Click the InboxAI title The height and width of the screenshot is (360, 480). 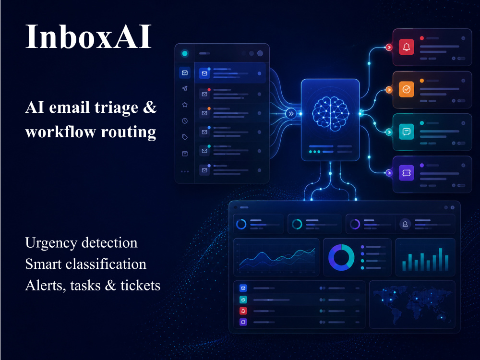click(88, 36)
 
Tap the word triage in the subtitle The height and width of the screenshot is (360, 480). click(116, 108)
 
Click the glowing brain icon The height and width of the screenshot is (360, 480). click(330, 113)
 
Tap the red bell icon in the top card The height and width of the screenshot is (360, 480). click(406, 47)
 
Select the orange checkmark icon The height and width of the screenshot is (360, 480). click(406, 89)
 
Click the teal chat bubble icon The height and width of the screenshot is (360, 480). click(406, 132)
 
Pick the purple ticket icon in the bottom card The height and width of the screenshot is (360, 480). click(406, 173)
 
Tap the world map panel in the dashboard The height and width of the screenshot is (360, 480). click(412, 305)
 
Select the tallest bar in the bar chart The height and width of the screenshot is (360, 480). click(440, 260)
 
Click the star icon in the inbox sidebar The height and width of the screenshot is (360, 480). click(185, 105)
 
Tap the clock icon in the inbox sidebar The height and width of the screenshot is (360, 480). click(185, 121)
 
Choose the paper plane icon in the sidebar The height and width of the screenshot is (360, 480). click(185, 88)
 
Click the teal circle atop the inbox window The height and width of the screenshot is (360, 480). click(185, 54)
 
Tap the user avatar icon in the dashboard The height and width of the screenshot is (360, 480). click(405, 224)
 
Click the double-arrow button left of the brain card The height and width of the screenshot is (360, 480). click(291, 114)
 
